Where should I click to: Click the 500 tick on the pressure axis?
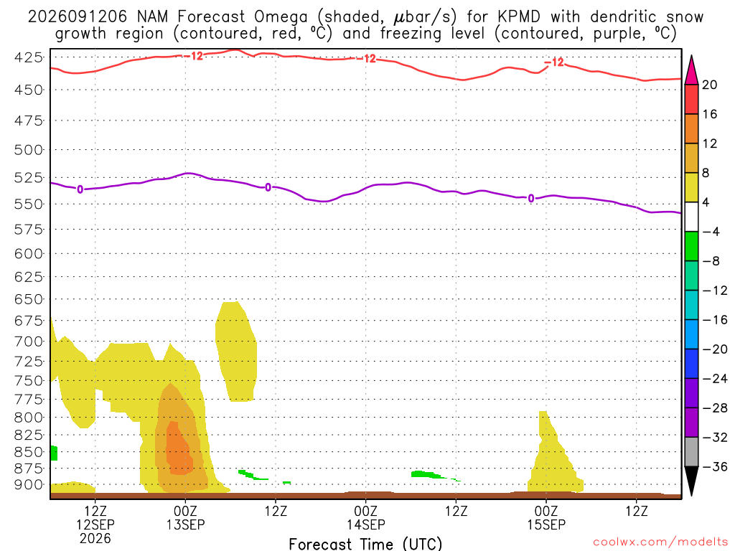click(29, 150)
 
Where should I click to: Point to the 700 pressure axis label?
click(29, 341)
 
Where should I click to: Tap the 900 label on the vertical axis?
click(29, 485)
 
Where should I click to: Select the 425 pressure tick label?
click(29, 57)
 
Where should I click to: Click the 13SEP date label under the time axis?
click(186, 524)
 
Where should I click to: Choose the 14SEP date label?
click(366, 524)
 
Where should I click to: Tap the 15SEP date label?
click(546, 524)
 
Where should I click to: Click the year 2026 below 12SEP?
click(95, 538)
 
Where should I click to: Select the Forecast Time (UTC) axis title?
click(365, 544)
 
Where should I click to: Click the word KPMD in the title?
click(519, 17)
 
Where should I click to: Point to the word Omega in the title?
click(281, 18)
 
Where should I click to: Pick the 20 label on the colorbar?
click(710, 85)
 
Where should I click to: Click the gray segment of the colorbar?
click(691, 452)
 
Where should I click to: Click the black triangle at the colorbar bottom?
click(691, 479)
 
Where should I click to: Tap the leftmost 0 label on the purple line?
click(80, 189)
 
